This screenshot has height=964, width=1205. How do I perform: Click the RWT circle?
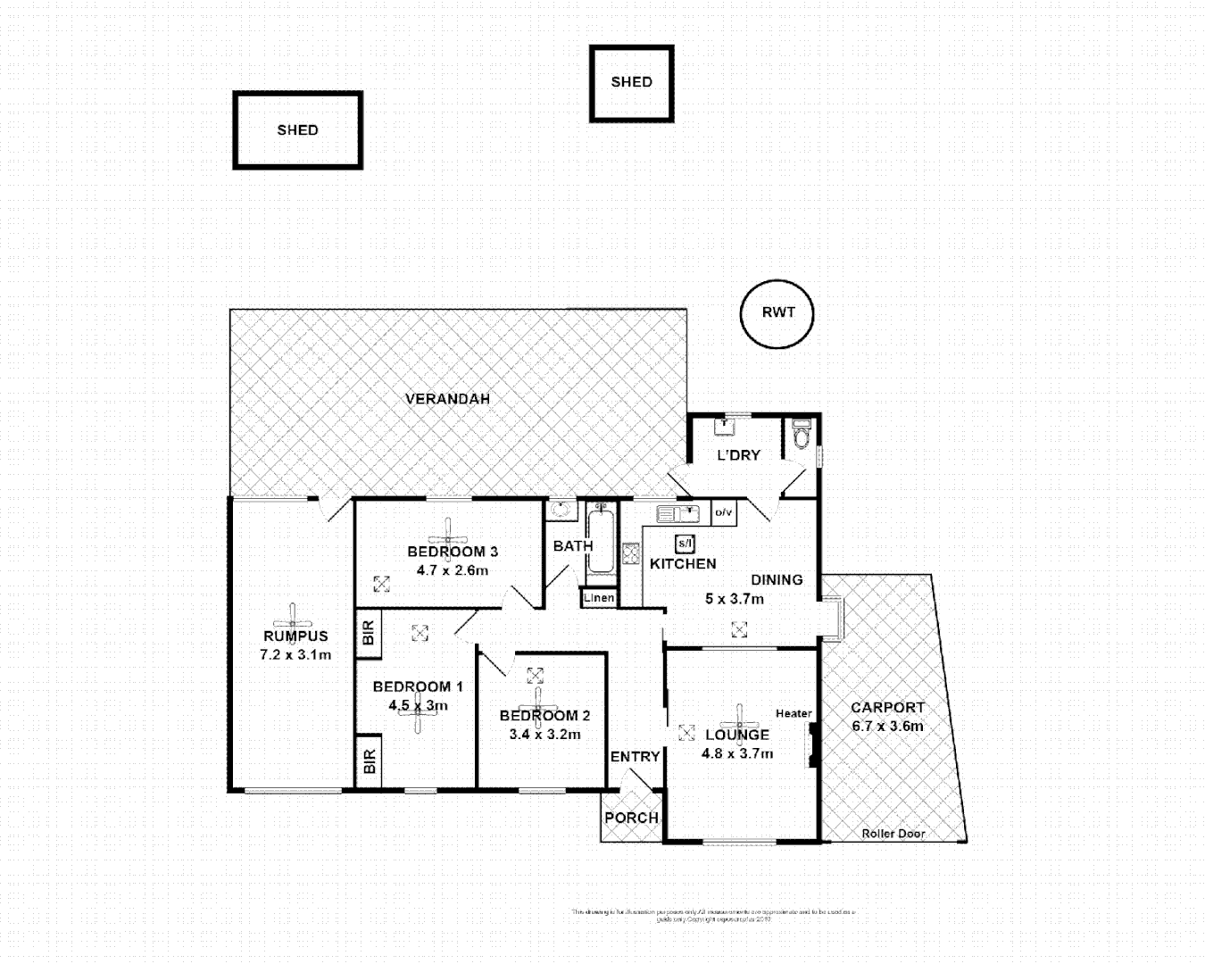(777, 313)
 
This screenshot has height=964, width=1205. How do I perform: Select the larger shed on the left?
(297, 130)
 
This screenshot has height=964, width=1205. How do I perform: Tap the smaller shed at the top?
(631, 83)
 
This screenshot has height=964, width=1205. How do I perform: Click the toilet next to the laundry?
(801, 435)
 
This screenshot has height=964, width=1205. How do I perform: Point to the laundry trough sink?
(724, 426)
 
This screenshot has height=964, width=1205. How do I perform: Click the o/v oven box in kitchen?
(723, 513)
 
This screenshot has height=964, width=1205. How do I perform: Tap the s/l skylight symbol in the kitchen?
(685, 543)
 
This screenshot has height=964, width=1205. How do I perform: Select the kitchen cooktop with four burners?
(631, 553)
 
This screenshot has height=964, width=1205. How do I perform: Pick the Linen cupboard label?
(599, 598)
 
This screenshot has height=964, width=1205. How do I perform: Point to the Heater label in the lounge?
(794, 713)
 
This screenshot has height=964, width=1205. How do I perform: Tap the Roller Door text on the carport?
(893, 834)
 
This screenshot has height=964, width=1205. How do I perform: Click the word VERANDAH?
(447, 399)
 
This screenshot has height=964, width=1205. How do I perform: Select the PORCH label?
(631, 818)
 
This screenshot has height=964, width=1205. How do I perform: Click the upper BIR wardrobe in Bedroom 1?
(369, 634)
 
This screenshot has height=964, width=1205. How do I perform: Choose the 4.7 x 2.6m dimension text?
(452, 570)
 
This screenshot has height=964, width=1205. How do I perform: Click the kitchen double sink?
(677, 514)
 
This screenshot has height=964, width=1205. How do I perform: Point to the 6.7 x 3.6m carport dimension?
(887, 726)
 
